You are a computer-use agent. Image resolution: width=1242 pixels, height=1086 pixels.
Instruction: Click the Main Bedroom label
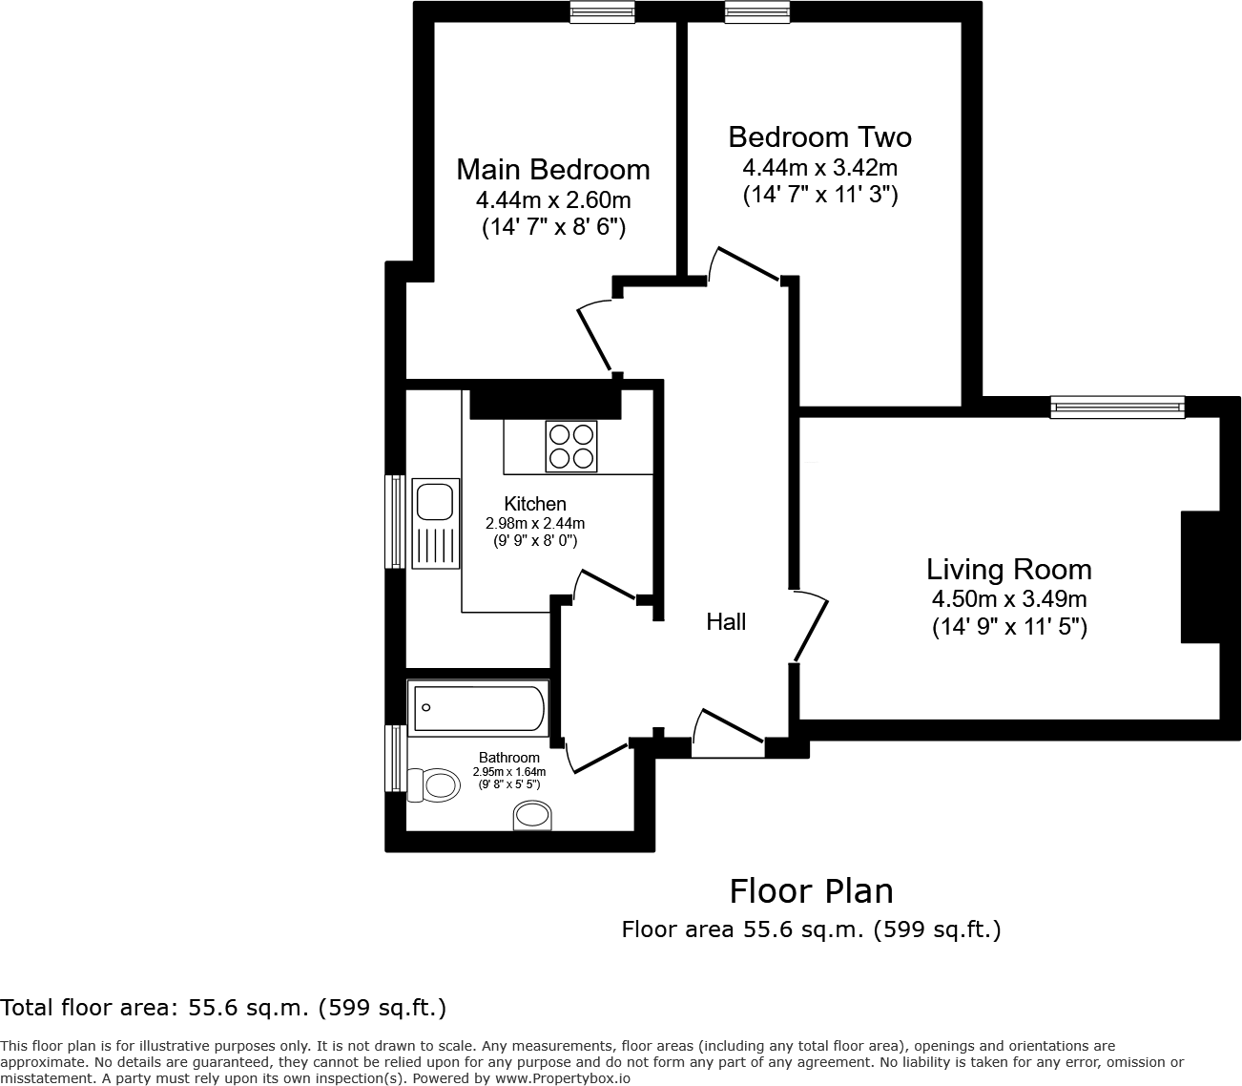(x=553, y=169)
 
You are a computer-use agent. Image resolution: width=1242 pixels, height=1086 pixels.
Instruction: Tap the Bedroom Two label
(x=819, y=137)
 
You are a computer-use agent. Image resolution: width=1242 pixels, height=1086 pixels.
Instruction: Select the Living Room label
(x=1009, y=570)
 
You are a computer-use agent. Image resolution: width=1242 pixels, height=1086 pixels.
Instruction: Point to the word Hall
(x=726, y=621)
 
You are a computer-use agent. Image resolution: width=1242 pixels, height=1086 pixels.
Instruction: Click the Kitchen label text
(x=535, y=503)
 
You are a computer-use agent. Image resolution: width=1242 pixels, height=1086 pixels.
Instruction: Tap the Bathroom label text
(x=508, y=757)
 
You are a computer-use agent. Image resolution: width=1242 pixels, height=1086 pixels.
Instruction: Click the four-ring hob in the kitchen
(x=571, y=447)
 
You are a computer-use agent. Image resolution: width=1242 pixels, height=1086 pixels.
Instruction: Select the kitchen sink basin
(x=435, y=501)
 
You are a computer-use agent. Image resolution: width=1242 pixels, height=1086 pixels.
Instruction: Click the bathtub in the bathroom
(x=478, y=708)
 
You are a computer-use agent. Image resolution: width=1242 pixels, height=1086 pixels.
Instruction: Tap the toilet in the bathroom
(x=432, y=784)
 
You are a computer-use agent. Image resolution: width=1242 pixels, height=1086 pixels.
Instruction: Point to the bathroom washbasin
(x=532, y=815)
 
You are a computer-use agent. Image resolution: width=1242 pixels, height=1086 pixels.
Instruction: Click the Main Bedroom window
(x=602, y=12)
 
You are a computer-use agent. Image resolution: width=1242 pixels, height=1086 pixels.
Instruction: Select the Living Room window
(x=1118, y=407)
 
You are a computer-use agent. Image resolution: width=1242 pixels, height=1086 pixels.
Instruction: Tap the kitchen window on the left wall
(x=395, y=521)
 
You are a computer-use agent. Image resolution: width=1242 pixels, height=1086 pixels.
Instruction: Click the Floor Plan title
(x=811, y=891)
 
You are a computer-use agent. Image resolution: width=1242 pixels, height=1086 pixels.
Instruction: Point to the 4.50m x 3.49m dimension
(x=1009, y=599)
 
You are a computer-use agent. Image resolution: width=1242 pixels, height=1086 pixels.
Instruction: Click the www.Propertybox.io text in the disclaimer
(x=563, y=1078)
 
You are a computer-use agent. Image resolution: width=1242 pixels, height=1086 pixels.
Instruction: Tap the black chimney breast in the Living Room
(x=1200, y=576)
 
